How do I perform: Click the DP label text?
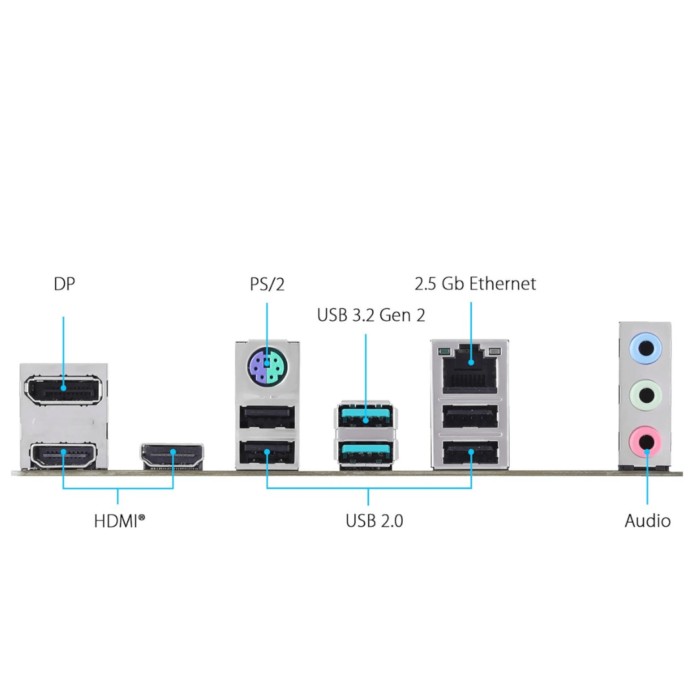pyautogui.click(x=65, y=284)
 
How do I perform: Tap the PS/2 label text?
pyautogui.click(x=267, y=284)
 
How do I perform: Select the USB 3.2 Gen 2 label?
pyautogui.click(x=370, y=316)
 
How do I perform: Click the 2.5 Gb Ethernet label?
pyautogui.click(x=475, y=284)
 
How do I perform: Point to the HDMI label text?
pyautogui.click(x=119, y=521)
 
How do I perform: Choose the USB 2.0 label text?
pyautogui.click(x=374, y=521)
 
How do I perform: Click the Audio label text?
pyautogui.click(x=647, y=521)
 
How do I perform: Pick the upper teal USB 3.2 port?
pyautogui.click(x=366, y=416)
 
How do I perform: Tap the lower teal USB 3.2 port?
pyautogui.click(x=366, y=450)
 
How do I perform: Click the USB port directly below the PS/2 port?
pyautogui.click(x=267, y=419)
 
